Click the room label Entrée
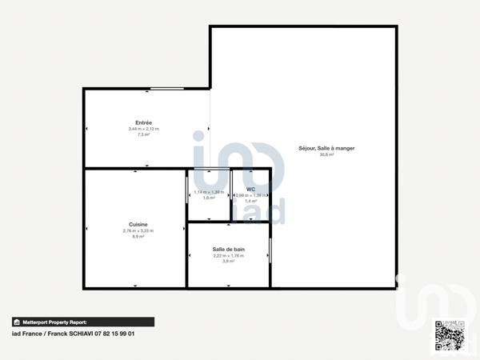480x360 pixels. [x=143, y=122]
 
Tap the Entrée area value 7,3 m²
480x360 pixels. [x=143, y=135]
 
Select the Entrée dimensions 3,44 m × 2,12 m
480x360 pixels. [x=143, y=129]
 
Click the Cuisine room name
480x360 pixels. [x=137, y=225]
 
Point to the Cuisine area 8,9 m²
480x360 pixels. [x=137, y=238]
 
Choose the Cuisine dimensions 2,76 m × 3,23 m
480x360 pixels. [x=137, y=231]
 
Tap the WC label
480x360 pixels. [x=250, y=190]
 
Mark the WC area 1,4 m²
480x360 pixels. [x=250, y=202]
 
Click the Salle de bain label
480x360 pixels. [x=229, y=250]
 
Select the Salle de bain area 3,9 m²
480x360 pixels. [x=229, y=262]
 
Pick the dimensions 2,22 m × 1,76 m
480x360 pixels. [x=229, y=256]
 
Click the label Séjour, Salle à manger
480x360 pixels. [x=326, y=148]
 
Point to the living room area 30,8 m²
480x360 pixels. [x=326, y=155]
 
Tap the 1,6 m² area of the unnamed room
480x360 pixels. [x=208, y=198]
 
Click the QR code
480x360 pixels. [x=449, y=335]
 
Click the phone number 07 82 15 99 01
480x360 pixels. [x=112, y=334]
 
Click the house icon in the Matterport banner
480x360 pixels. [x=16, y=322]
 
